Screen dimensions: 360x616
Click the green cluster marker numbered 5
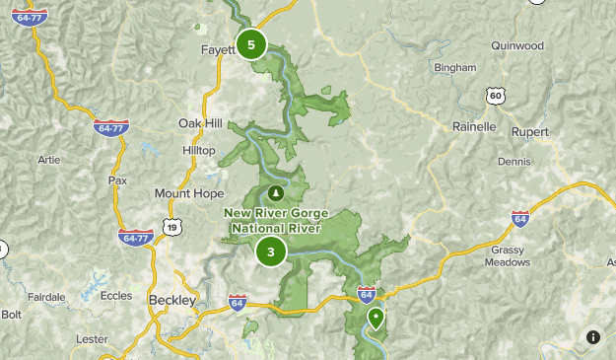click(252, 44)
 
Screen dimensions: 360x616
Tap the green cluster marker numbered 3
click(271, 252)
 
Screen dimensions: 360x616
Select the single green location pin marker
click(376, 318)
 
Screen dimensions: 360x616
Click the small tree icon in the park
click(275, 191)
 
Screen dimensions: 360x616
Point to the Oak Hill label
click(200, 122)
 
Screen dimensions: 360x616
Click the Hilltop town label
click(198, 149)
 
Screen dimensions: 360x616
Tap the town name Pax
click(118, 180)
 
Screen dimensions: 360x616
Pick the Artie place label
click(48, 159)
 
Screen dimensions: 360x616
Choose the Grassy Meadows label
click(510, 256)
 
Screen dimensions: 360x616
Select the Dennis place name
click(515, 160)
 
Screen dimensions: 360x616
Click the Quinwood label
click(515, 44)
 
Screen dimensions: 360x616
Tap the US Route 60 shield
click(495, 95)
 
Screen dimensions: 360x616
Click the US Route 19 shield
click(172, 228)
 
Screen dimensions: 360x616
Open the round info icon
click(591, 337)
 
